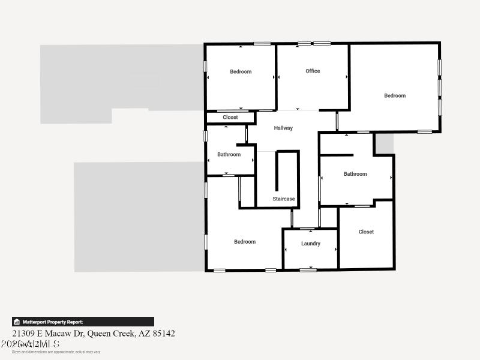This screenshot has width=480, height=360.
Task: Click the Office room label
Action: (313, 71)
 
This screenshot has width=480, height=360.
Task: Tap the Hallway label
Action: (283, 128)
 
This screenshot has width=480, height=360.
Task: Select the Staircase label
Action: (284, 199)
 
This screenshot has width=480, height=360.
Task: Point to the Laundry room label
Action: (311, 244)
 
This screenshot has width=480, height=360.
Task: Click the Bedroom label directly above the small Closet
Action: (241, 71)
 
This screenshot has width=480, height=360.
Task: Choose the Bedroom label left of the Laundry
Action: (245, 242)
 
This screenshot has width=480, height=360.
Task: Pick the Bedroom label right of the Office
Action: (395, 95)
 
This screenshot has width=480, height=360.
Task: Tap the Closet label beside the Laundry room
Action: (366, 232)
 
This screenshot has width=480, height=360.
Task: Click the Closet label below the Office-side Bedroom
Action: (230, 118)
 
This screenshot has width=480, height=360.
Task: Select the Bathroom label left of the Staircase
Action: (229, 154)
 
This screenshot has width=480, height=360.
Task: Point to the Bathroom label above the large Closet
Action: (355, 174)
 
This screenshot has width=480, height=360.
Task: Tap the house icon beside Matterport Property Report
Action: (17, 322)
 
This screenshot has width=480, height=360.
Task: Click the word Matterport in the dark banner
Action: (35, 322)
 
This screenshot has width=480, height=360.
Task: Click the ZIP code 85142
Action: (164, 333)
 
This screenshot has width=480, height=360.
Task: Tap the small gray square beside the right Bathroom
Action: (384, 143)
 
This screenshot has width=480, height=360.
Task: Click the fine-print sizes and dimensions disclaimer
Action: (56, 352)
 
